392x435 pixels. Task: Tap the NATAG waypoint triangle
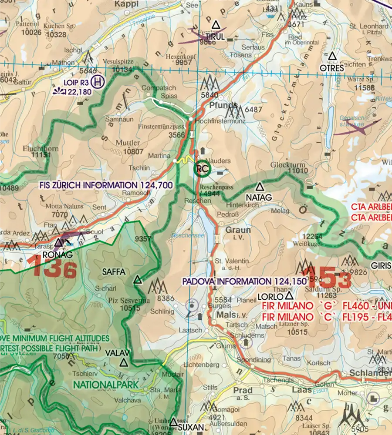tap(260, 187)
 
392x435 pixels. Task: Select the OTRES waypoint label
tap(332, 68)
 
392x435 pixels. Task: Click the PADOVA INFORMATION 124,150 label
tap(244, 281)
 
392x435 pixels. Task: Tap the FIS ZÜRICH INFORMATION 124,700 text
tap(106, 185)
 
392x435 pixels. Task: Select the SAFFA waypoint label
tap(114, 272)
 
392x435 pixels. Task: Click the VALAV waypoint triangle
tap(124, 362)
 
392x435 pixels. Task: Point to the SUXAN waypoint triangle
tap(173, 422)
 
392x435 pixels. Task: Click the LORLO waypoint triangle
tap(289, 296)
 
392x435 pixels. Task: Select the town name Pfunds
tap(223, 105)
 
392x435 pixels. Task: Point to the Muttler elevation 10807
tap(133, 152)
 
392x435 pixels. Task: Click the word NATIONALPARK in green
tap(105, 385)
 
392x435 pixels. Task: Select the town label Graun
tap(238, 230)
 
